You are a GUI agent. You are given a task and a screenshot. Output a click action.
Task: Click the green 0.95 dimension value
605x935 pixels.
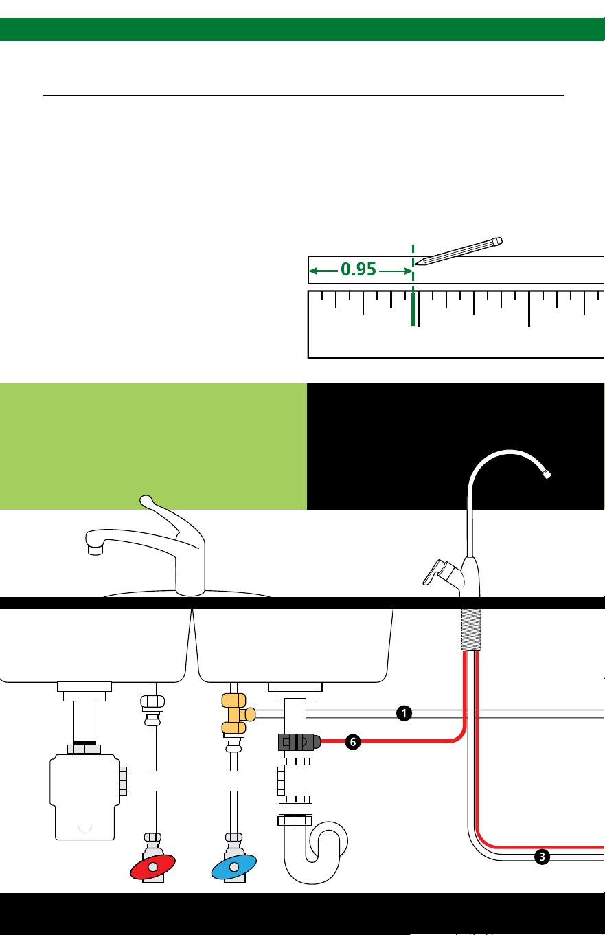(x=358, y=269)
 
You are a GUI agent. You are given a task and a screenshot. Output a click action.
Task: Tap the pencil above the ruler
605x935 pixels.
(x=459, y=251)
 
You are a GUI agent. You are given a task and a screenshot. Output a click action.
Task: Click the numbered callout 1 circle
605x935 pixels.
(x=404, y=713)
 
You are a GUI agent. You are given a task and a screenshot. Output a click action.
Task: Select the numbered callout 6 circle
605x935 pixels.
(x=353, y=742)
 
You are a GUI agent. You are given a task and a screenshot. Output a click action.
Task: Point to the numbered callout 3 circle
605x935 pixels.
(x=542, y=857)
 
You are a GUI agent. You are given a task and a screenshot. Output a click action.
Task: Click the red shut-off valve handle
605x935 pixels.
(x=152, y=867)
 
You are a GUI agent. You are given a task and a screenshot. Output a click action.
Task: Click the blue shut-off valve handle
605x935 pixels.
(x=233, y=867)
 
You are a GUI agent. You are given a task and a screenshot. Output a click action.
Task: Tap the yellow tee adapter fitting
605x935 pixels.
(x=236, y=714)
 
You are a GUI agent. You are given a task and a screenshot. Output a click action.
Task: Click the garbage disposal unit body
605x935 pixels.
(x=84, y=797)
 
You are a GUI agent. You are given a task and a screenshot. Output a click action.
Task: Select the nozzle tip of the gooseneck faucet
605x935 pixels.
(x=547, y=474)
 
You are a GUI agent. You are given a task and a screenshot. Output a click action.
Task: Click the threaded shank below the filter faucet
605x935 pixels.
(x=470, y=630)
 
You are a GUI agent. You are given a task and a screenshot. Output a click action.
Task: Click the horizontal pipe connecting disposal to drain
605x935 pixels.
(x=202, y=781)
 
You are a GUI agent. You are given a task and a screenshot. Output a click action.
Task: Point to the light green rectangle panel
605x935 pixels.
(x=153, y=447)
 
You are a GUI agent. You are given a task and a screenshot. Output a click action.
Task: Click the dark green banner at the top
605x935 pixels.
(x=302, y=30)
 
